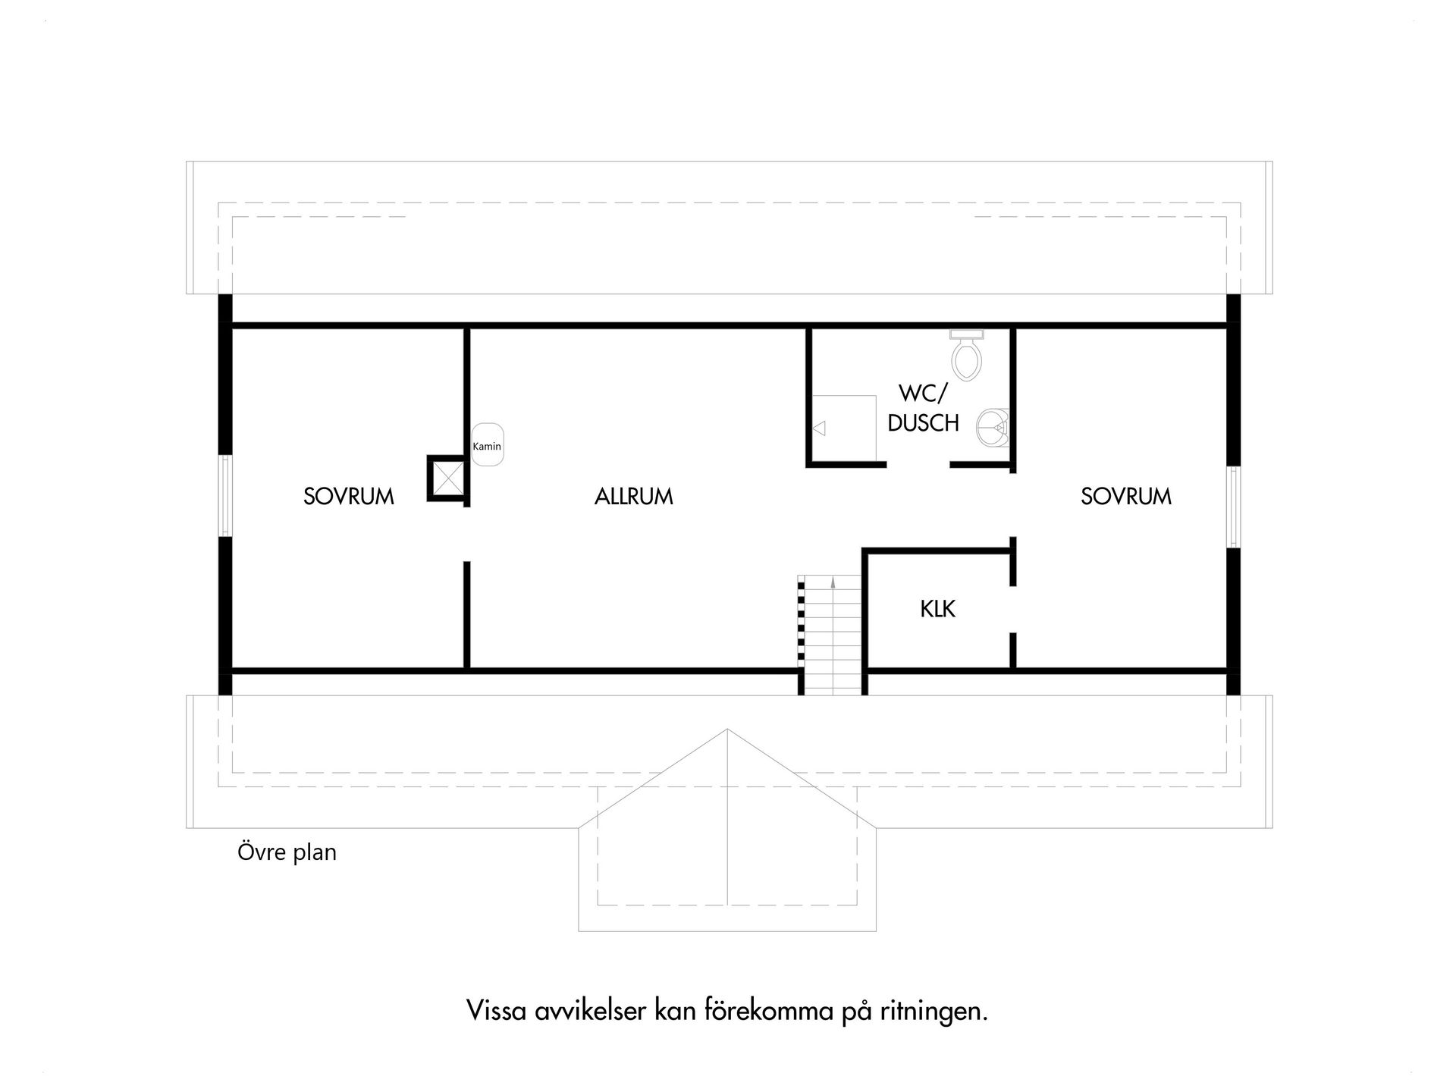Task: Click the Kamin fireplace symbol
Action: coord(487,445)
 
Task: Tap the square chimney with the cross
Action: coord(447,478)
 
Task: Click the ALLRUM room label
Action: coord(634,497)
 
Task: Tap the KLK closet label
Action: coord(938,609)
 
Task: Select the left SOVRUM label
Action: coord(349,497)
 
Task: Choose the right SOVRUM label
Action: coord(1126,497)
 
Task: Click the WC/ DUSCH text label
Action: coord(923,408)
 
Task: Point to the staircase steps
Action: coord(833,637)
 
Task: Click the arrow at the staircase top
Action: coord(833,582)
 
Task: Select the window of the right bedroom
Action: coord(1234,507)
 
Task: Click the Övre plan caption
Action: coord(287,852)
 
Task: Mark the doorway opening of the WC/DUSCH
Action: coord(918,464)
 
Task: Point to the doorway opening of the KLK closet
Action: coord(1012,609)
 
